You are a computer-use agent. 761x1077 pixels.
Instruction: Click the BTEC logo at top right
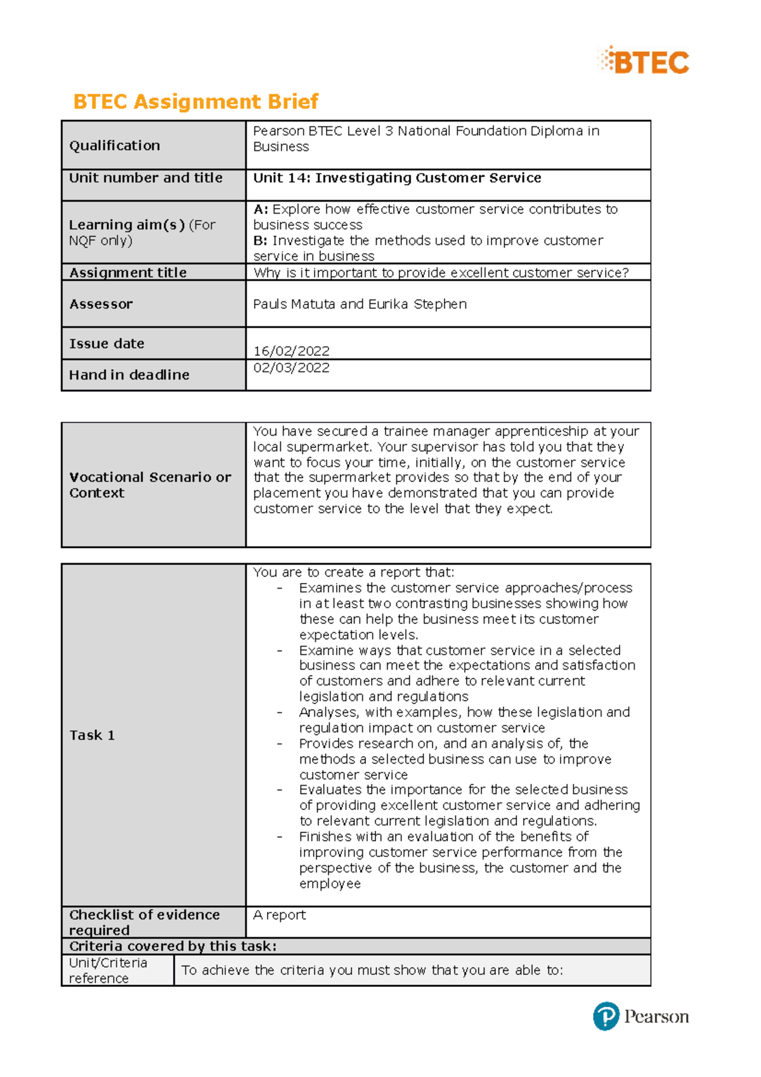coord(643,62)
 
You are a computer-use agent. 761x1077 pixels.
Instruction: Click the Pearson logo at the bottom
coord(641,1016)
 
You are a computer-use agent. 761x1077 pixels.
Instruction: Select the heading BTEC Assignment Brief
coord(195,101)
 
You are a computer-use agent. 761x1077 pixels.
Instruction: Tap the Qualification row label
coord(115,146)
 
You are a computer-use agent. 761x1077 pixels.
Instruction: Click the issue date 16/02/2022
coord(291,351)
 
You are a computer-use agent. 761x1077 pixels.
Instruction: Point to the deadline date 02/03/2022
coord(291,368)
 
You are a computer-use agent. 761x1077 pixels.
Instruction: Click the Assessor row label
coord(101,304)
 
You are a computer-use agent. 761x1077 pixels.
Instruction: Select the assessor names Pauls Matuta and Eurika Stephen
coord(360,304)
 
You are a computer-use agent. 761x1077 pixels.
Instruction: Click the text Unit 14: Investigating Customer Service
coord(397,178)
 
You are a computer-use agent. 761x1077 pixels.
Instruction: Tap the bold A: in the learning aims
coord(261,209)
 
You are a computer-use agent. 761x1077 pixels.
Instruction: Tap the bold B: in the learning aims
coord(260,241)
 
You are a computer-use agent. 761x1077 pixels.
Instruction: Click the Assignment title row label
coord(128,273)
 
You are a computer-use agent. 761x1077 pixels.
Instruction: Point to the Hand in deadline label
coord(129,375)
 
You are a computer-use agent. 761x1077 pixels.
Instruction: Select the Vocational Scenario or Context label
coord(150,485)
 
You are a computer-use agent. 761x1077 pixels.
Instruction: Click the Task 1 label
coord(92,736)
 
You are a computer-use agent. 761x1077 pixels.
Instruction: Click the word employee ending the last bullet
coord(330,884)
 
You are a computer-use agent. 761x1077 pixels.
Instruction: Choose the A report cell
coord(279,915)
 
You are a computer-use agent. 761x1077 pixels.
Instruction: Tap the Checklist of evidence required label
coord(144,923)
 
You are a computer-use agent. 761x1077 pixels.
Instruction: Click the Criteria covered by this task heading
coord(172,946)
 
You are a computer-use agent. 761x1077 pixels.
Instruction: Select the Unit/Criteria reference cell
coord(108,970)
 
